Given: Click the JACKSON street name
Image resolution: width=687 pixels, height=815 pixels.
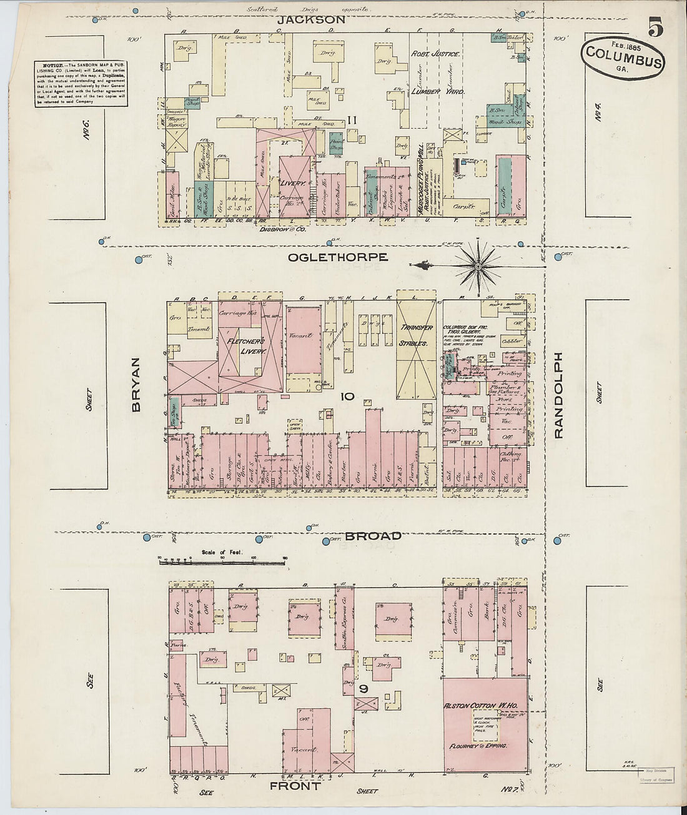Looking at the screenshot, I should point(311,19).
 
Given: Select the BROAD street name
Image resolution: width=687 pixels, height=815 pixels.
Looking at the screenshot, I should point(373,536).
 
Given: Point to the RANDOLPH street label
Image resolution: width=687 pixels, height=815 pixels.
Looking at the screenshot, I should point(559,395).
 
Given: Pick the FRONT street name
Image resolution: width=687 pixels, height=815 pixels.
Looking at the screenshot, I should point(294,786).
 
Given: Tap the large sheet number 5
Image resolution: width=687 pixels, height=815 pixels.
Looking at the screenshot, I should point(655,29).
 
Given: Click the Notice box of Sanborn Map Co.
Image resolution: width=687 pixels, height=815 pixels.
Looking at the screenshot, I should point(81,83).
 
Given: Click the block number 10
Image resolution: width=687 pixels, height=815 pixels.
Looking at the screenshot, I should point(347,396).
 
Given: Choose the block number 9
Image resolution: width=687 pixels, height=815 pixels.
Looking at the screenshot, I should point(363,690).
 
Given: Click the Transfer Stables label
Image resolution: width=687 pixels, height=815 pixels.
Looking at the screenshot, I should point(417,335).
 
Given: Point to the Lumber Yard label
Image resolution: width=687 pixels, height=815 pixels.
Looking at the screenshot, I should point(437,91).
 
